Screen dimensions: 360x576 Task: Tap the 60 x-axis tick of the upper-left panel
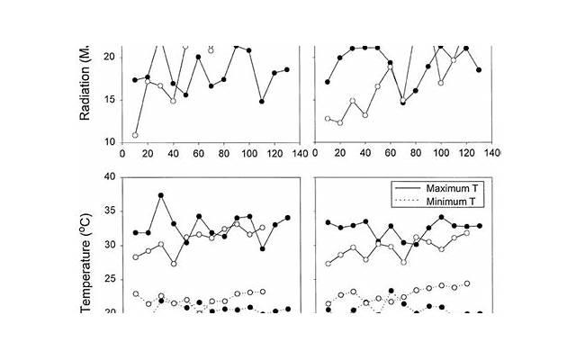(198, 153)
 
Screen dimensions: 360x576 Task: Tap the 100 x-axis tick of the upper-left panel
(247, 153)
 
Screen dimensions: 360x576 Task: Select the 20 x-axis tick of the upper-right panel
(340, 153)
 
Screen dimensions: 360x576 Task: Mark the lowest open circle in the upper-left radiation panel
(135, 136)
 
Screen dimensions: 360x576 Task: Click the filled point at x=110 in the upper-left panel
(262, 102)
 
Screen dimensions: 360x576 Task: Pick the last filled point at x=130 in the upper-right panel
(479, 70)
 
